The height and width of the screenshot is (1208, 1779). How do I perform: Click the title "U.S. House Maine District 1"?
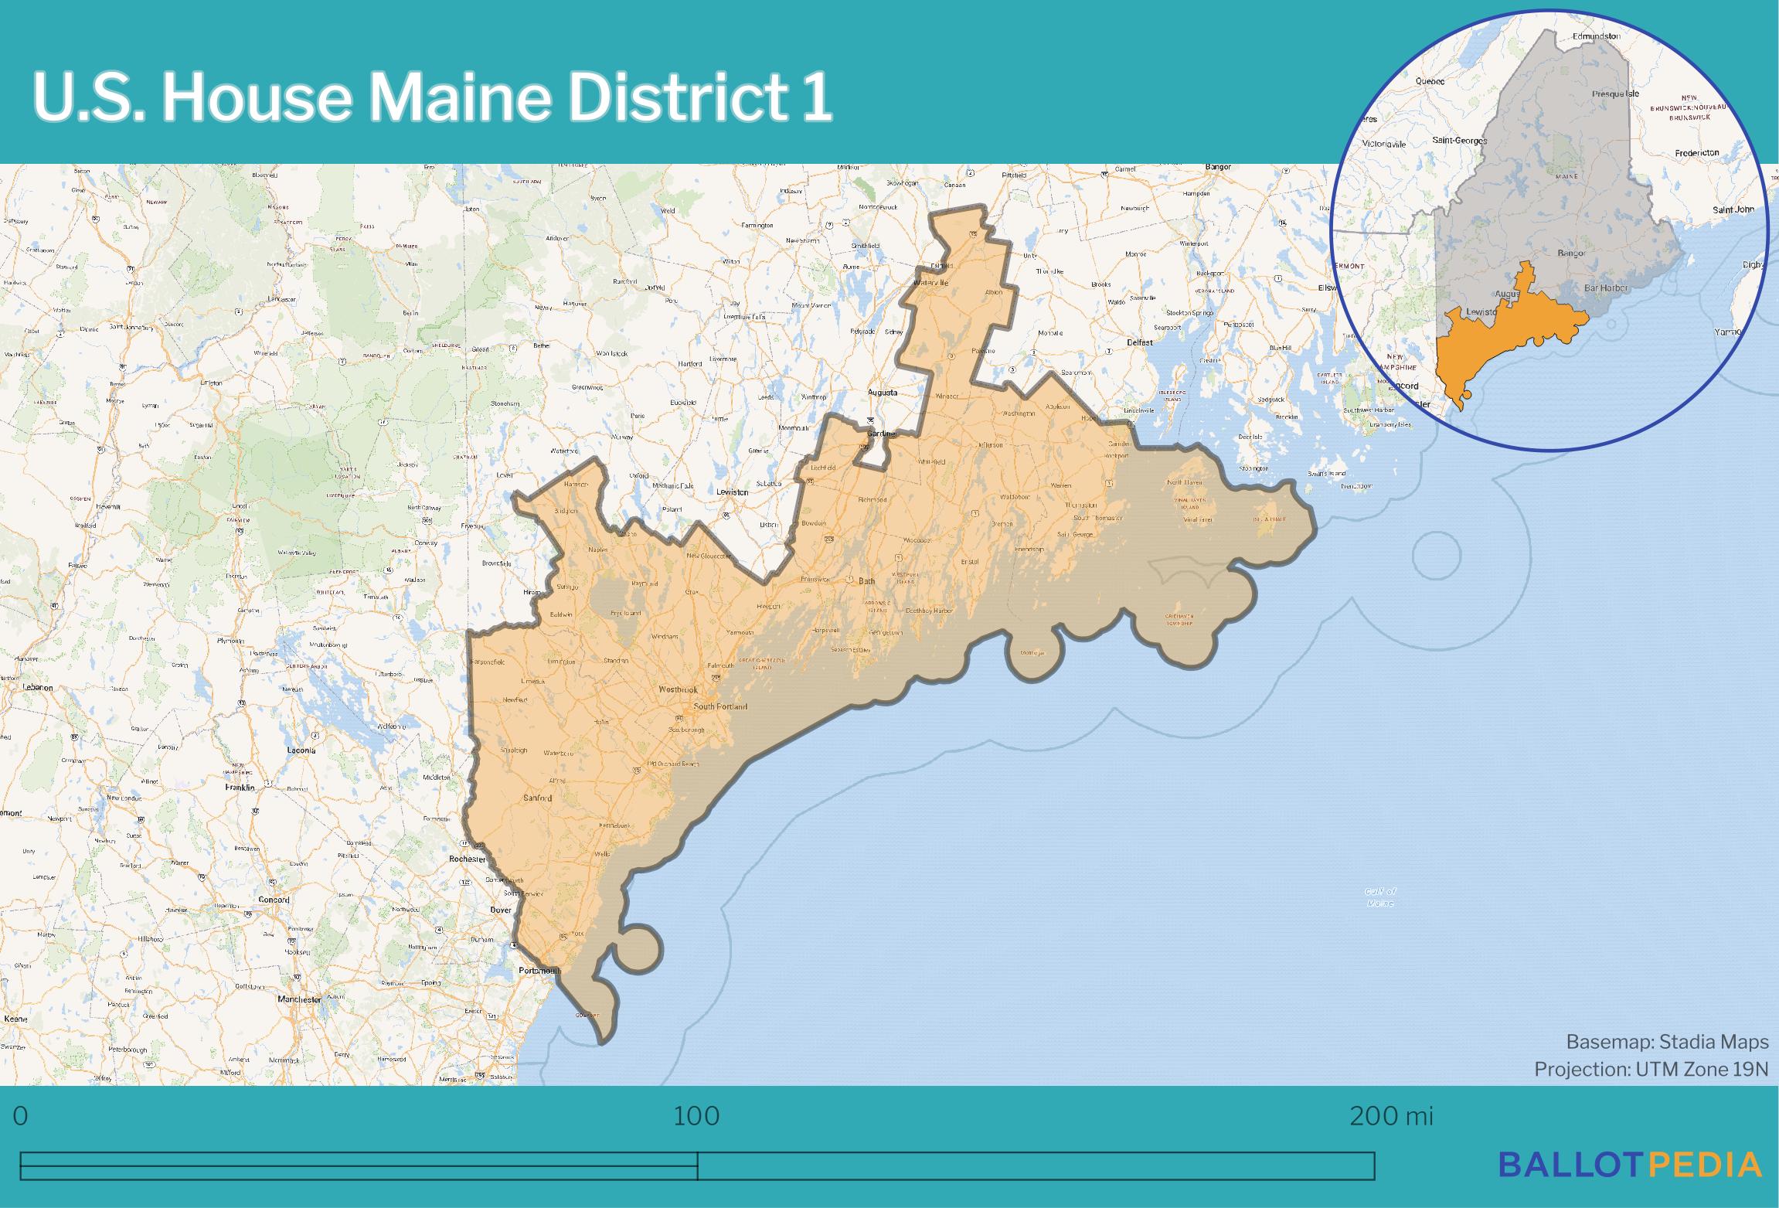pyautogui.click(x=431, y=98)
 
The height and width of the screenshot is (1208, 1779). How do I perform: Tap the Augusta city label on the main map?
pyautogui.click(x=883, y=392)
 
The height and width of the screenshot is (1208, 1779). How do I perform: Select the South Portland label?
pyautogui.click(x=720, y=706)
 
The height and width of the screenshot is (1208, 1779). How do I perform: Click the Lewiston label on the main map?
pyautogui.click(x=732, y=492)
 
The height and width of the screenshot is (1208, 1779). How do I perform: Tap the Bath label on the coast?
pyautogui.click(x=867, y=580)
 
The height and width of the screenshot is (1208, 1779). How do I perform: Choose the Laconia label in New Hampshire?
pyautogui.click(x=301, y=750)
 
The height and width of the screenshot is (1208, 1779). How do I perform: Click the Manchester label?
pyautogui.click(x=299, y=999)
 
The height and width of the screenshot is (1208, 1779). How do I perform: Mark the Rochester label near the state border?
pyautogui.click(x=468, y=859)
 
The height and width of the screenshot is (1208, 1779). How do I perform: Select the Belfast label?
pyautogui.click(x=1139, y=342)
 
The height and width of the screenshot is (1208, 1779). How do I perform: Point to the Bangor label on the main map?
pyautogui.click(x=1218, y=167)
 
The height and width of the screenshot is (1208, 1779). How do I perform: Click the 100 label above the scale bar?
pyautogui.click(x=696, y=1116)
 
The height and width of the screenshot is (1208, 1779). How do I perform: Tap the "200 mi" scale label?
pyautogui.click(x=1391, y=1116)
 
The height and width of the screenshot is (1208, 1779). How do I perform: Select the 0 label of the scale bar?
pyautogui.click(x=21, y=1116)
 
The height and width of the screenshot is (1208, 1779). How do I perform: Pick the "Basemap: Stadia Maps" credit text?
pyautogui.click(x=1667, y=1042)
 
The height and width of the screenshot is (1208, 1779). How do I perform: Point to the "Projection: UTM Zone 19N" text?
pyautogui.click(x=1651, y=1069)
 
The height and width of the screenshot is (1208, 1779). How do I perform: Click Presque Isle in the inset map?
pyautogui.click(x=1615, y=94)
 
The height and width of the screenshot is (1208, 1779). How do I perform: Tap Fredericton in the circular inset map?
pyautogui.click(x=1697, y=152)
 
